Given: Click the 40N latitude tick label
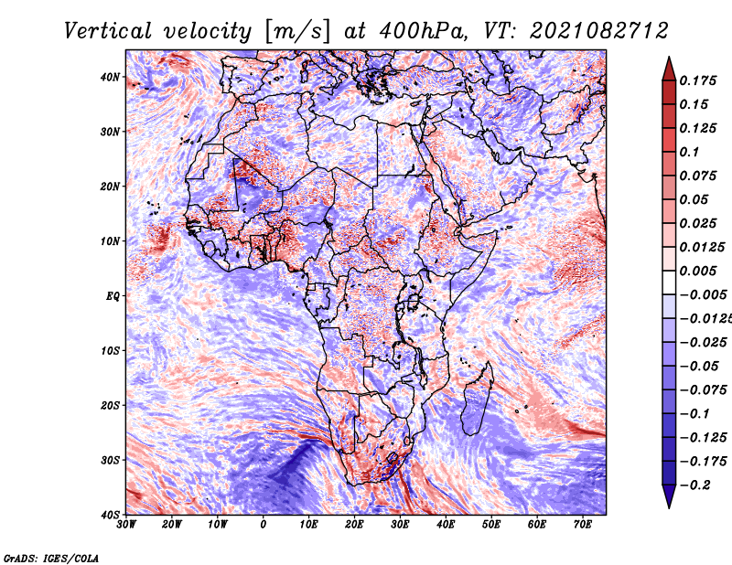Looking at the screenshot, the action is point(110,77).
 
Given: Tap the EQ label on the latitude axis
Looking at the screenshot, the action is point(113,296).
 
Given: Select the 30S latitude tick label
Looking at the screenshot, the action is point(110,460).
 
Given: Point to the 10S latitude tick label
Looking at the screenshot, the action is point(110,351).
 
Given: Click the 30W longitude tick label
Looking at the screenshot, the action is point(126,525).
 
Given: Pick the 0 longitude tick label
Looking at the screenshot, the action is point(264,525).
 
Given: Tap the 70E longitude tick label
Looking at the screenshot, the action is point(583,525).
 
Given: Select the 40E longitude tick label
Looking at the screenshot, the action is point(446,525).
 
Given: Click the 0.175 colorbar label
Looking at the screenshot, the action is point(698,80).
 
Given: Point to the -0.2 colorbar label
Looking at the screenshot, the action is point(695,485).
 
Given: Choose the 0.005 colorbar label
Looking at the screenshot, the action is point(698,271).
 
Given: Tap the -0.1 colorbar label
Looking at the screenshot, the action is point(695,414).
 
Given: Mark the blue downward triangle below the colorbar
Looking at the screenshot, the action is point(669,495).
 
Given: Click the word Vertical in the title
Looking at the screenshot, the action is point(108,31).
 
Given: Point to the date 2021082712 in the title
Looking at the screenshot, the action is point(599,31).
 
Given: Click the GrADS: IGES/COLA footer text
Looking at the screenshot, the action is point(51,559).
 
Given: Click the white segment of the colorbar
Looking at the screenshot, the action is point(669,282).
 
